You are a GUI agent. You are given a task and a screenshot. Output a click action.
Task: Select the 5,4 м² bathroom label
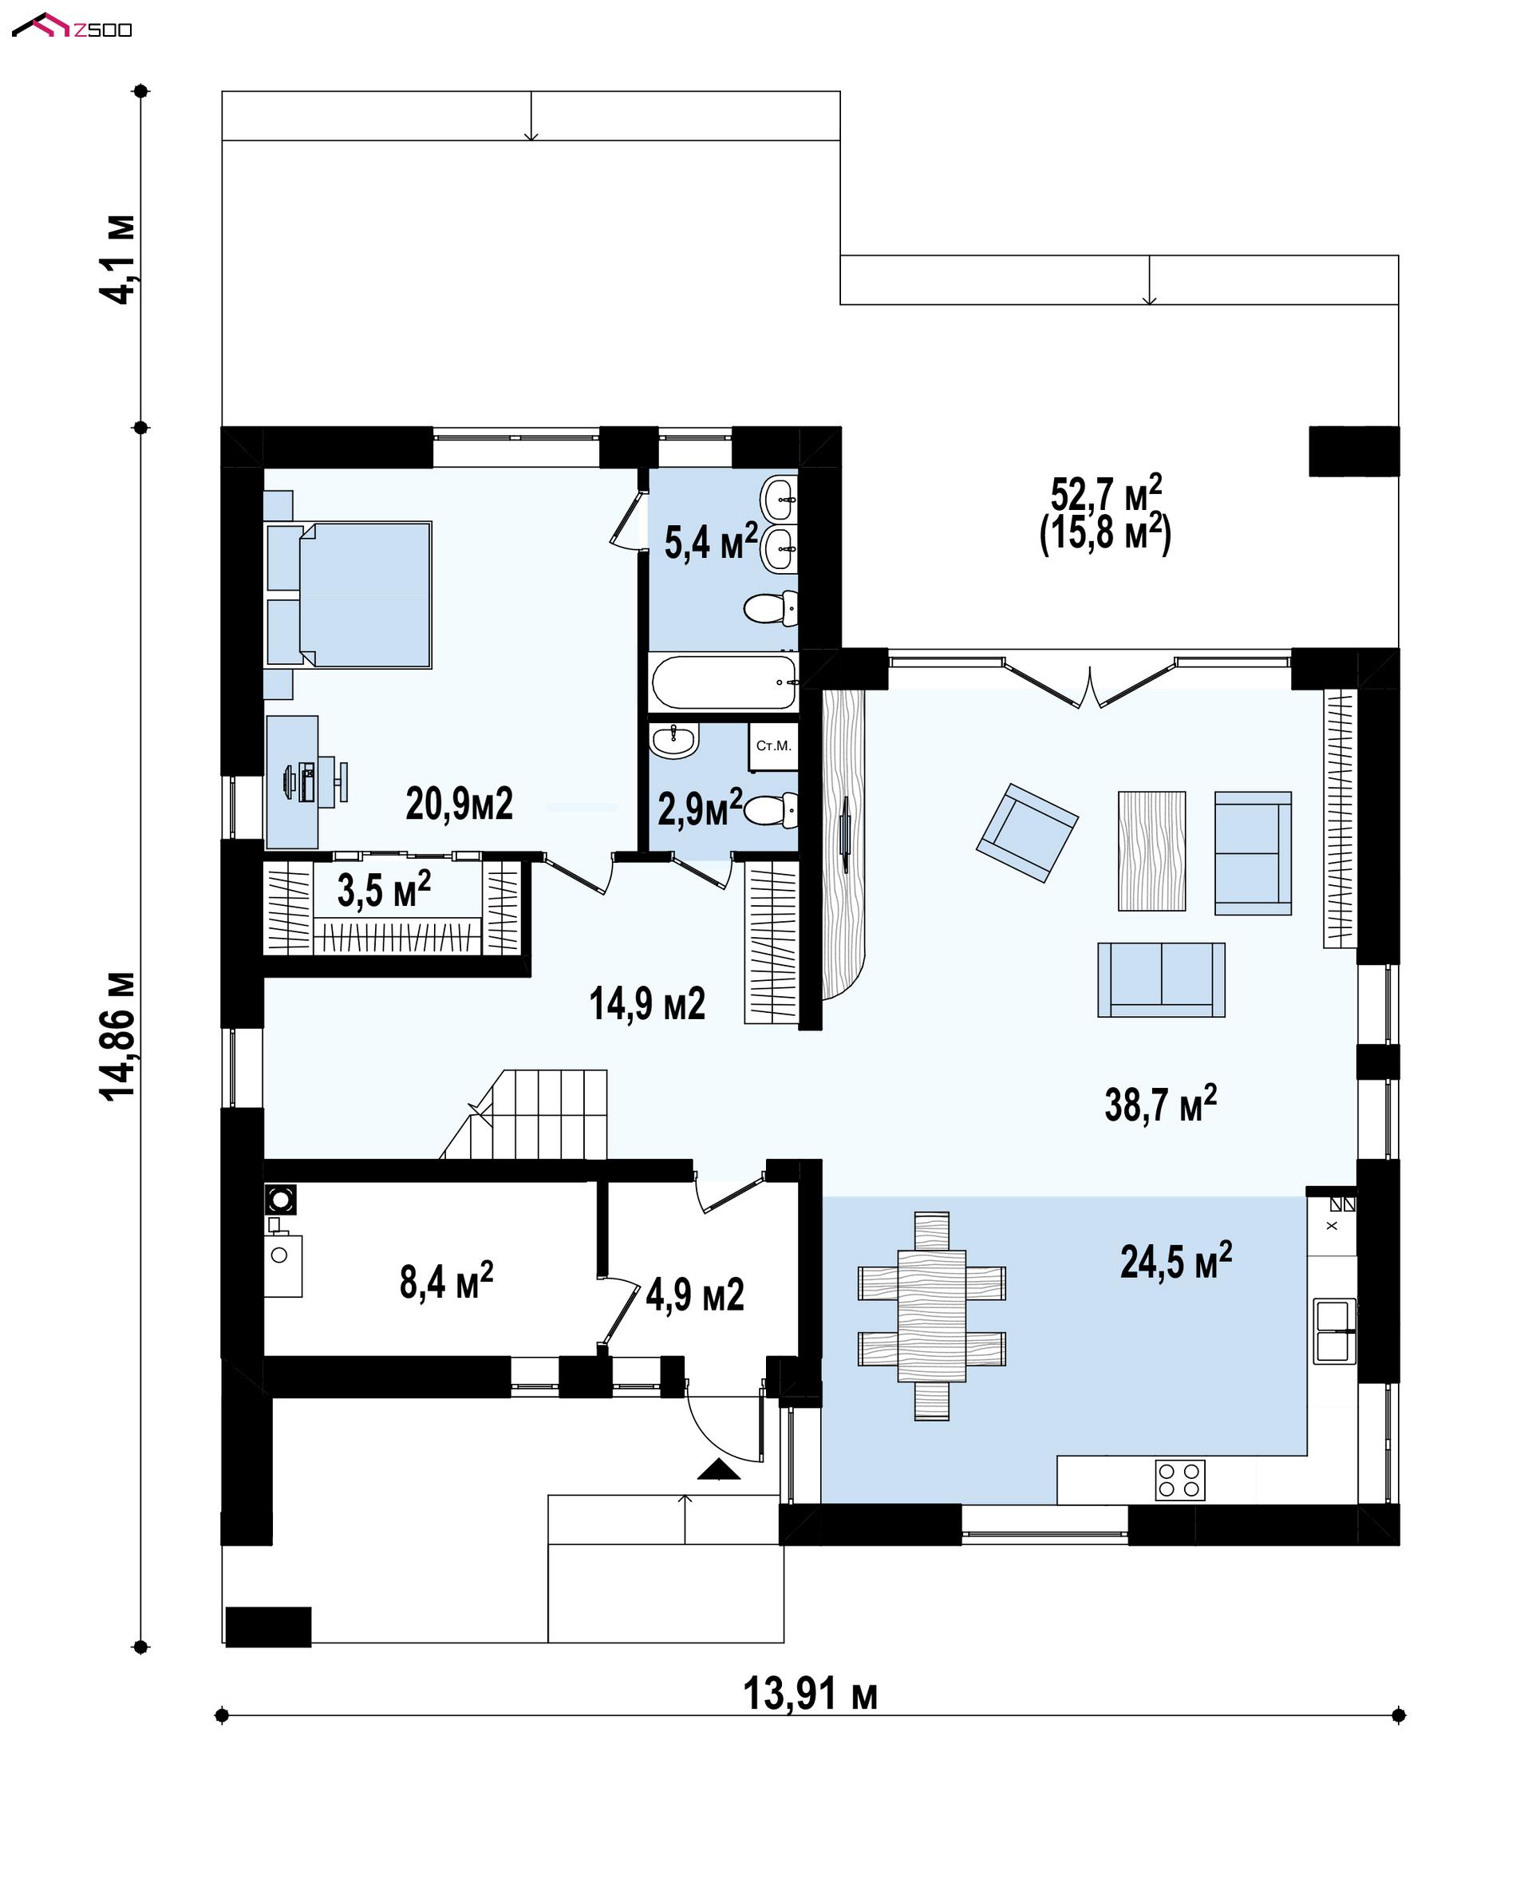coord(711,541)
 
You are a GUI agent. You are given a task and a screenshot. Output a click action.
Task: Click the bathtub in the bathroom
coord(724,682)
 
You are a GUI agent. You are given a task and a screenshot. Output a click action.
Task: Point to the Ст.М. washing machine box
coord(773,747)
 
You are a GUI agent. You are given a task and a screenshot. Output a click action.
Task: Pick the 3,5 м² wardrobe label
coord(384,889)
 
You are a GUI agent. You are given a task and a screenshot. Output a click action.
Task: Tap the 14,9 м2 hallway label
coord(647,1005)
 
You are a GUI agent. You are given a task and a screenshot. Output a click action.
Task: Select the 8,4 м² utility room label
coord(447,1281)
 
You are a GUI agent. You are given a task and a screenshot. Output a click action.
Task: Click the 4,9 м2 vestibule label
coord(694,1295)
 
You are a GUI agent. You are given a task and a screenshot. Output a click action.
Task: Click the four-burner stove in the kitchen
coord(1180,1481)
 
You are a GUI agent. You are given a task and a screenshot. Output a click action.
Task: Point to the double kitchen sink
coord(1334,1331)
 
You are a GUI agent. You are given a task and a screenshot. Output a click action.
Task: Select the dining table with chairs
coord(932,1316)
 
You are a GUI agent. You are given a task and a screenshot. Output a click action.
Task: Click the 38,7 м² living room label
coord(1160,1105)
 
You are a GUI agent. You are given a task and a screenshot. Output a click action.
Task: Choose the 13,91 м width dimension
coord(810,1694)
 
